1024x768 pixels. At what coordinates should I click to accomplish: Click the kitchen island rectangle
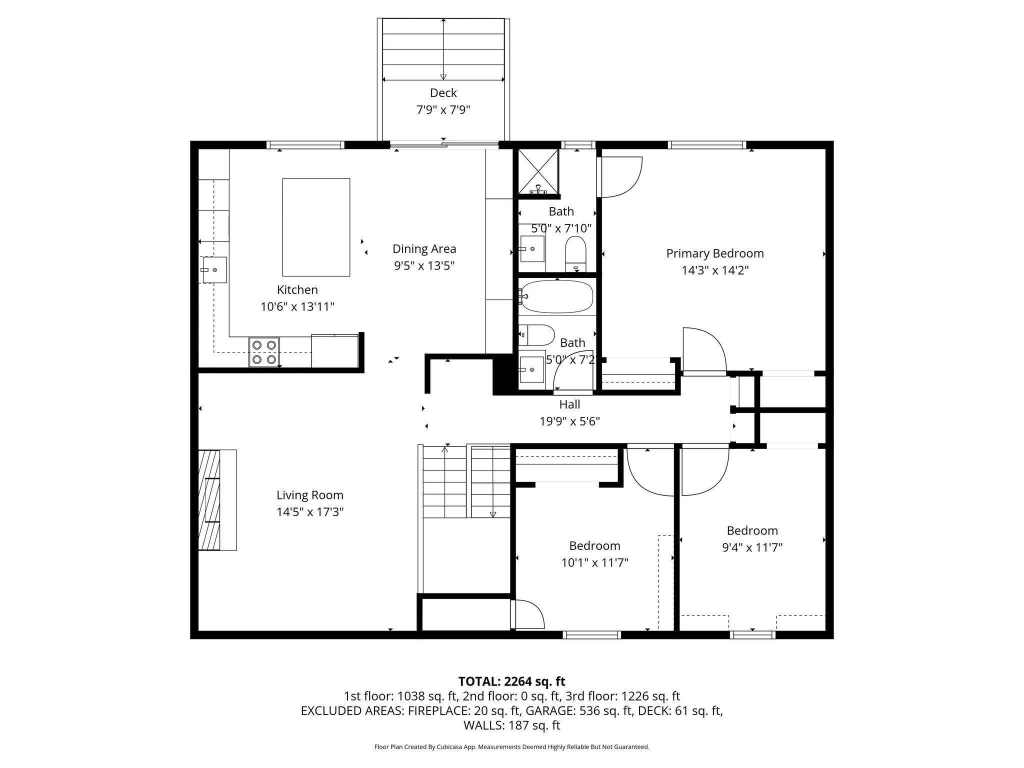coord(316,227)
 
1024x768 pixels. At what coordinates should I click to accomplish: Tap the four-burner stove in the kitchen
coord(264,352)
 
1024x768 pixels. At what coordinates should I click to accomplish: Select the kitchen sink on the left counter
coord(214,270)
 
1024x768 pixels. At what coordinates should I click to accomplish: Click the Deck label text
coord(443,93)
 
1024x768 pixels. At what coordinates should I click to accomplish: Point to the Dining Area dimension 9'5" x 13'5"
coord(424,265)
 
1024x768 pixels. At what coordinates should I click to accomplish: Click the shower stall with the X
coord(538,171)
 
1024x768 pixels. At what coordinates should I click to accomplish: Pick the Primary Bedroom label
coord(714,253)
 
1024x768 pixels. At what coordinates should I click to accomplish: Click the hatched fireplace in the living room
coord(209,500)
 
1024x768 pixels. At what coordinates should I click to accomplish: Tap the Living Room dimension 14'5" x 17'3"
coord(310,512)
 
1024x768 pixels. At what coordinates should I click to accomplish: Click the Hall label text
coord(569,404)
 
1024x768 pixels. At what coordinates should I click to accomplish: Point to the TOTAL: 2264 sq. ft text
coord(511,681)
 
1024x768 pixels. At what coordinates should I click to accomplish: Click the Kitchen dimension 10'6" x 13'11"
coord(297,306)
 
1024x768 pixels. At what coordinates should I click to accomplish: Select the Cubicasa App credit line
coord(511,747)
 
